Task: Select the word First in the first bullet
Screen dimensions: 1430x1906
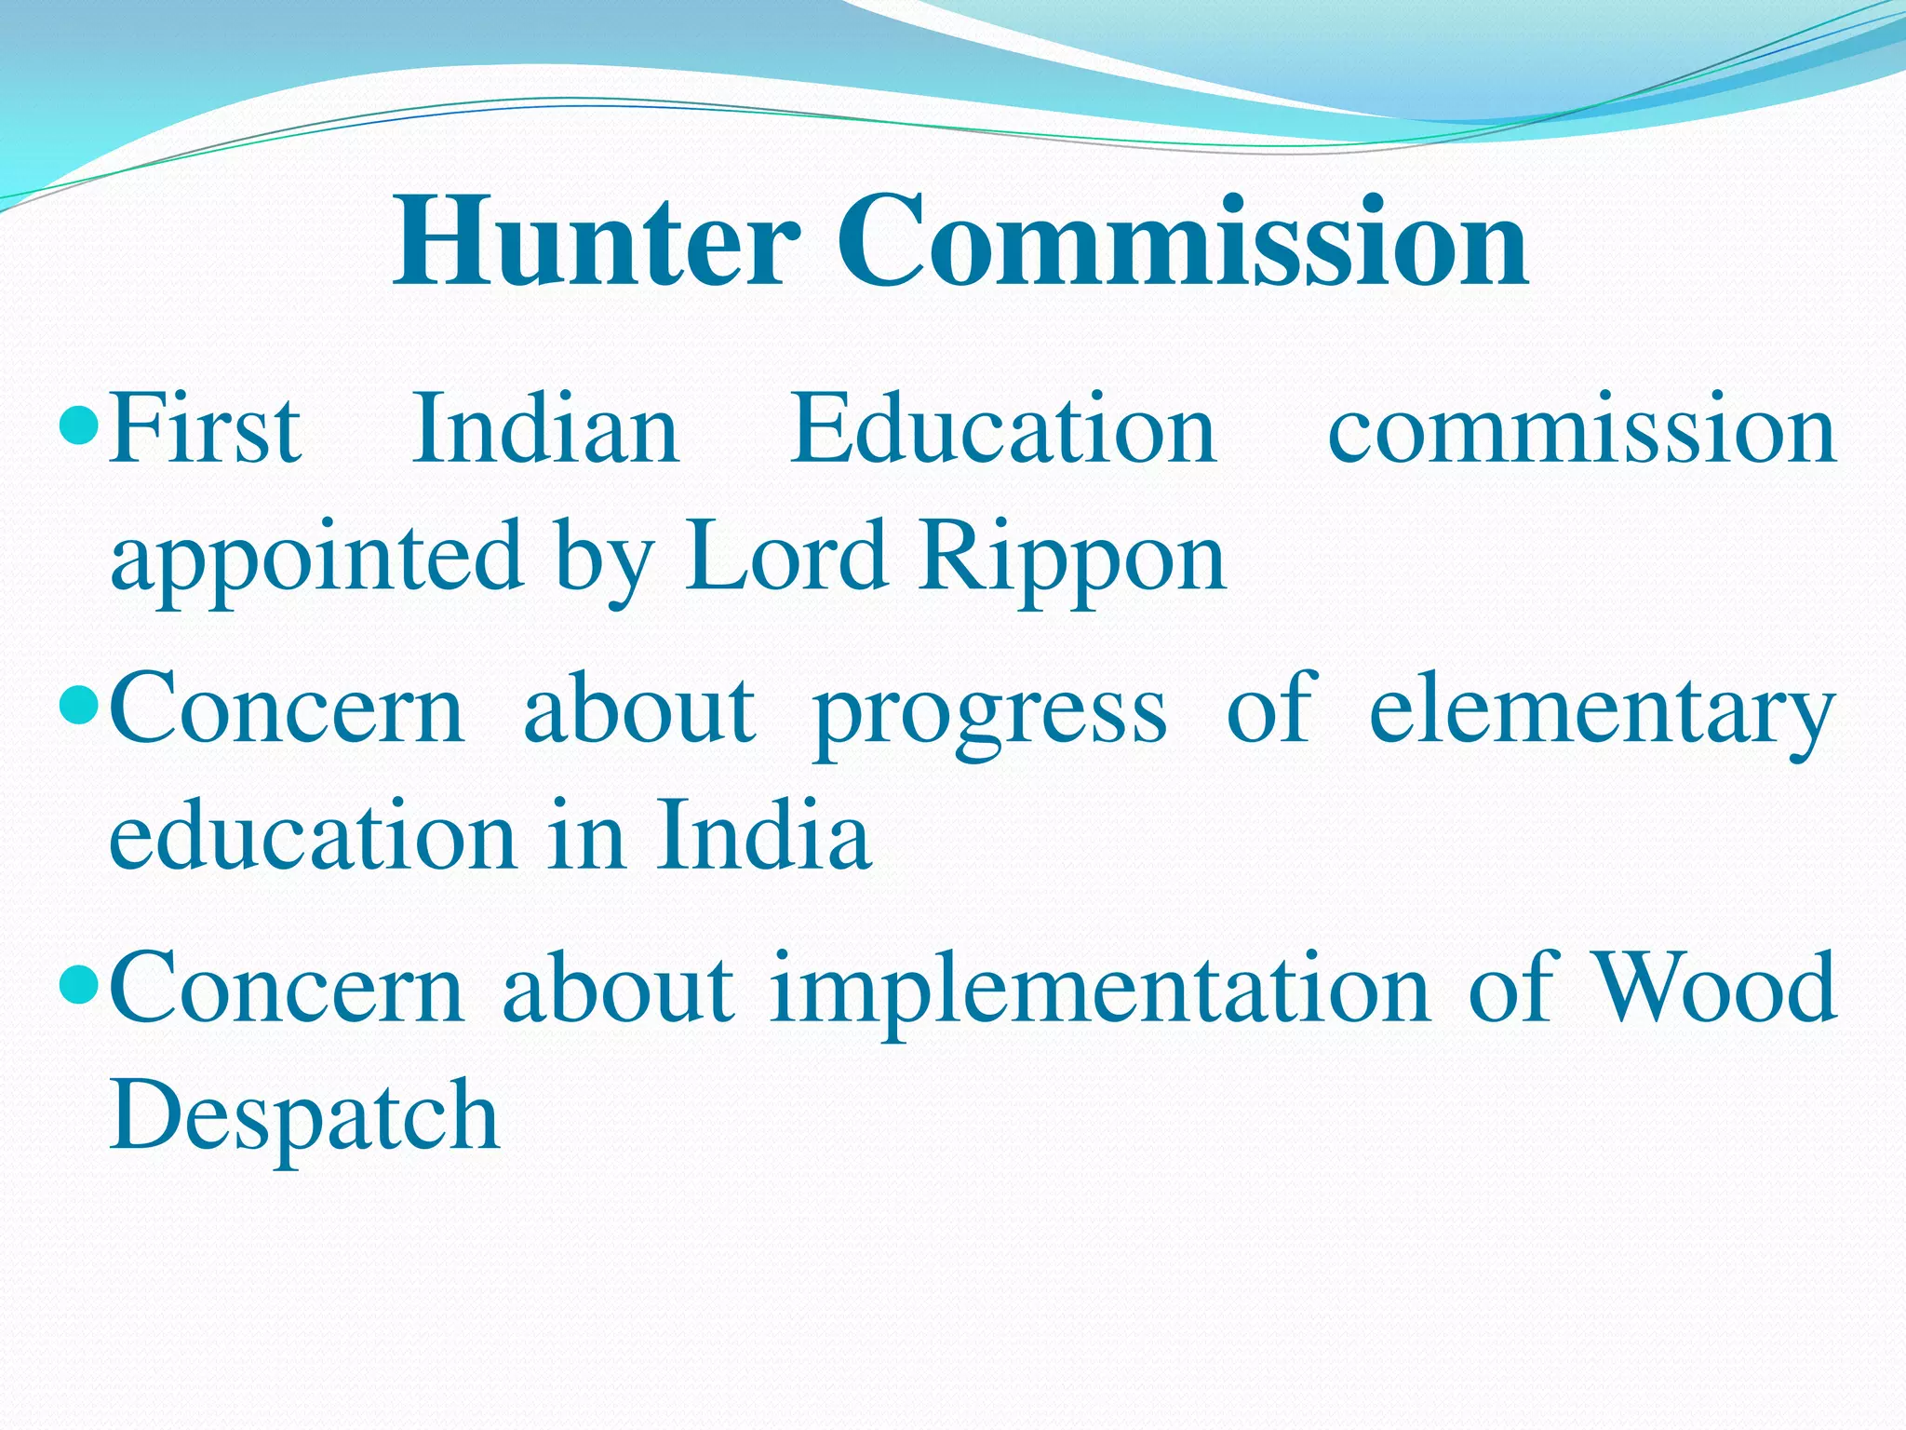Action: (x=205, y=430)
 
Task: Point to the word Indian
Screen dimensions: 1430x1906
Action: (x=546, y=430)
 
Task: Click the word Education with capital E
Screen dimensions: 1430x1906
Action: (x=1003, y=430)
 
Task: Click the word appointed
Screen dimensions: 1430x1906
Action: (x=316, y=559)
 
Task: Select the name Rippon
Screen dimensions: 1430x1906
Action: (x=1073, y=559)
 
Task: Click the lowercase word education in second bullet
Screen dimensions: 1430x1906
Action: (x=312, y=835)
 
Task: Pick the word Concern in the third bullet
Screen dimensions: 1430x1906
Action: (x=287, y=989)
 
